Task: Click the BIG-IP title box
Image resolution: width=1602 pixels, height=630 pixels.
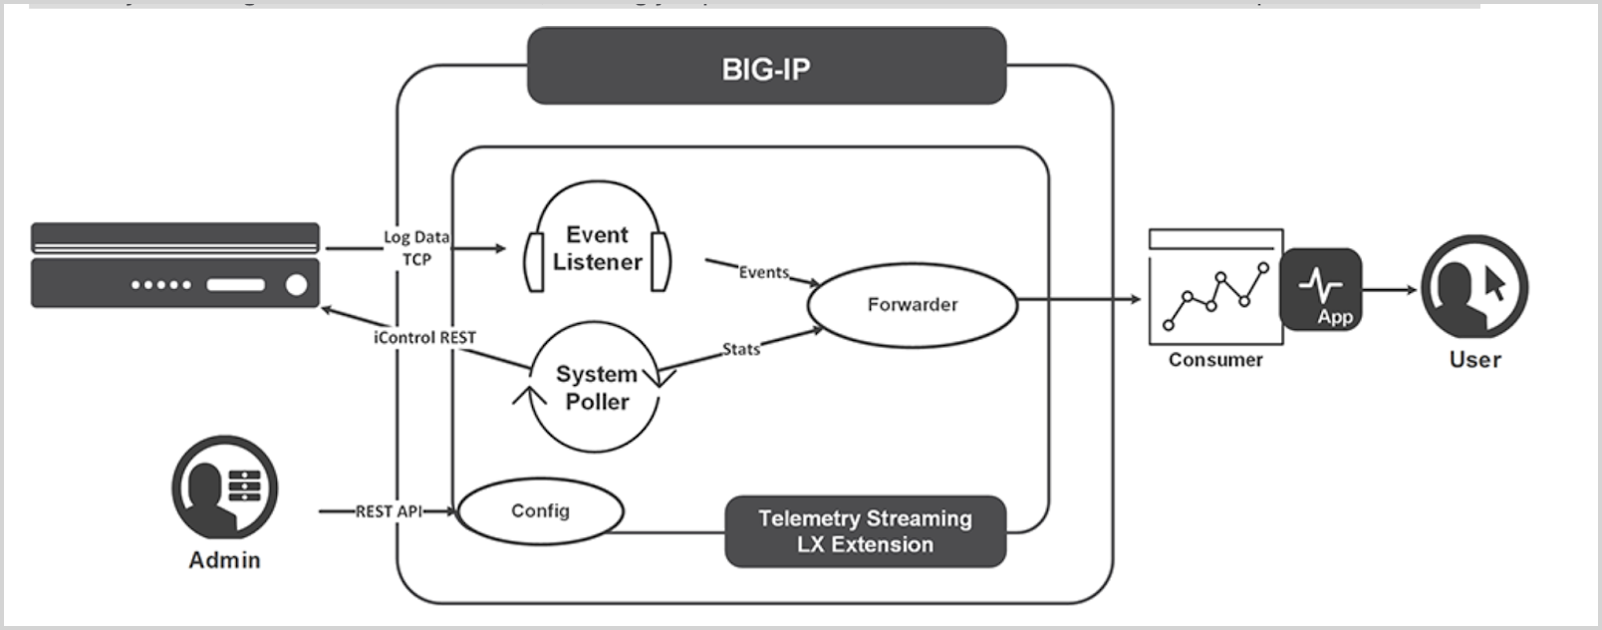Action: tap(765, 67)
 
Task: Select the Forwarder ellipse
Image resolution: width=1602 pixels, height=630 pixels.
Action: tap(912, 305)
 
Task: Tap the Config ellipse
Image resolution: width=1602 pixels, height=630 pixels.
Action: tap(540, 510)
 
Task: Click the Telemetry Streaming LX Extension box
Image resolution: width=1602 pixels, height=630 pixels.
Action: tap(865, 531)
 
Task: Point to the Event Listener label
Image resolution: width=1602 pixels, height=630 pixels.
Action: tap(597, 248)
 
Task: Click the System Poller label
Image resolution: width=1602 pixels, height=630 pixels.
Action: tap(596, 388)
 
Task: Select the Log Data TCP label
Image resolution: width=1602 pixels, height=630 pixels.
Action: tap(416, 247)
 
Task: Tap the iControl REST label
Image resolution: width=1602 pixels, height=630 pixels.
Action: tap(424, 337)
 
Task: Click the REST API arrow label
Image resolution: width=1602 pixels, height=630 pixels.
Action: tap(389, 511)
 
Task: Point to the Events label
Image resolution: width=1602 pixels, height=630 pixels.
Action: tap(763, 272)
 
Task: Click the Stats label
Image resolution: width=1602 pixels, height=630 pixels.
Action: tap(740, 349)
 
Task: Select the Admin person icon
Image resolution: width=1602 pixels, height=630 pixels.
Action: tap(224, 488)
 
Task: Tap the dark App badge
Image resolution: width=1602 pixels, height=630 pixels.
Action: tap(1320, 290)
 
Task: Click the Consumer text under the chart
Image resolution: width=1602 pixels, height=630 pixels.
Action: tap(1214, 360)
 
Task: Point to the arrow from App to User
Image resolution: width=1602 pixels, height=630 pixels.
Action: tap(1390, 290)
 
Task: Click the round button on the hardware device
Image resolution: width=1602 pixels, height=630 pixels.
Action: tap(296, 285)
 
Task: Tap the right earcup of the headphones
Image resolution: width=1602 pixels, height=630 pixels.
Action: tap(659, 262)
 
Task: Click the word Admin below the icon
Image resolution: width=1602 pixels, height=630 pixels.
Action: tap(224, 560)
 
